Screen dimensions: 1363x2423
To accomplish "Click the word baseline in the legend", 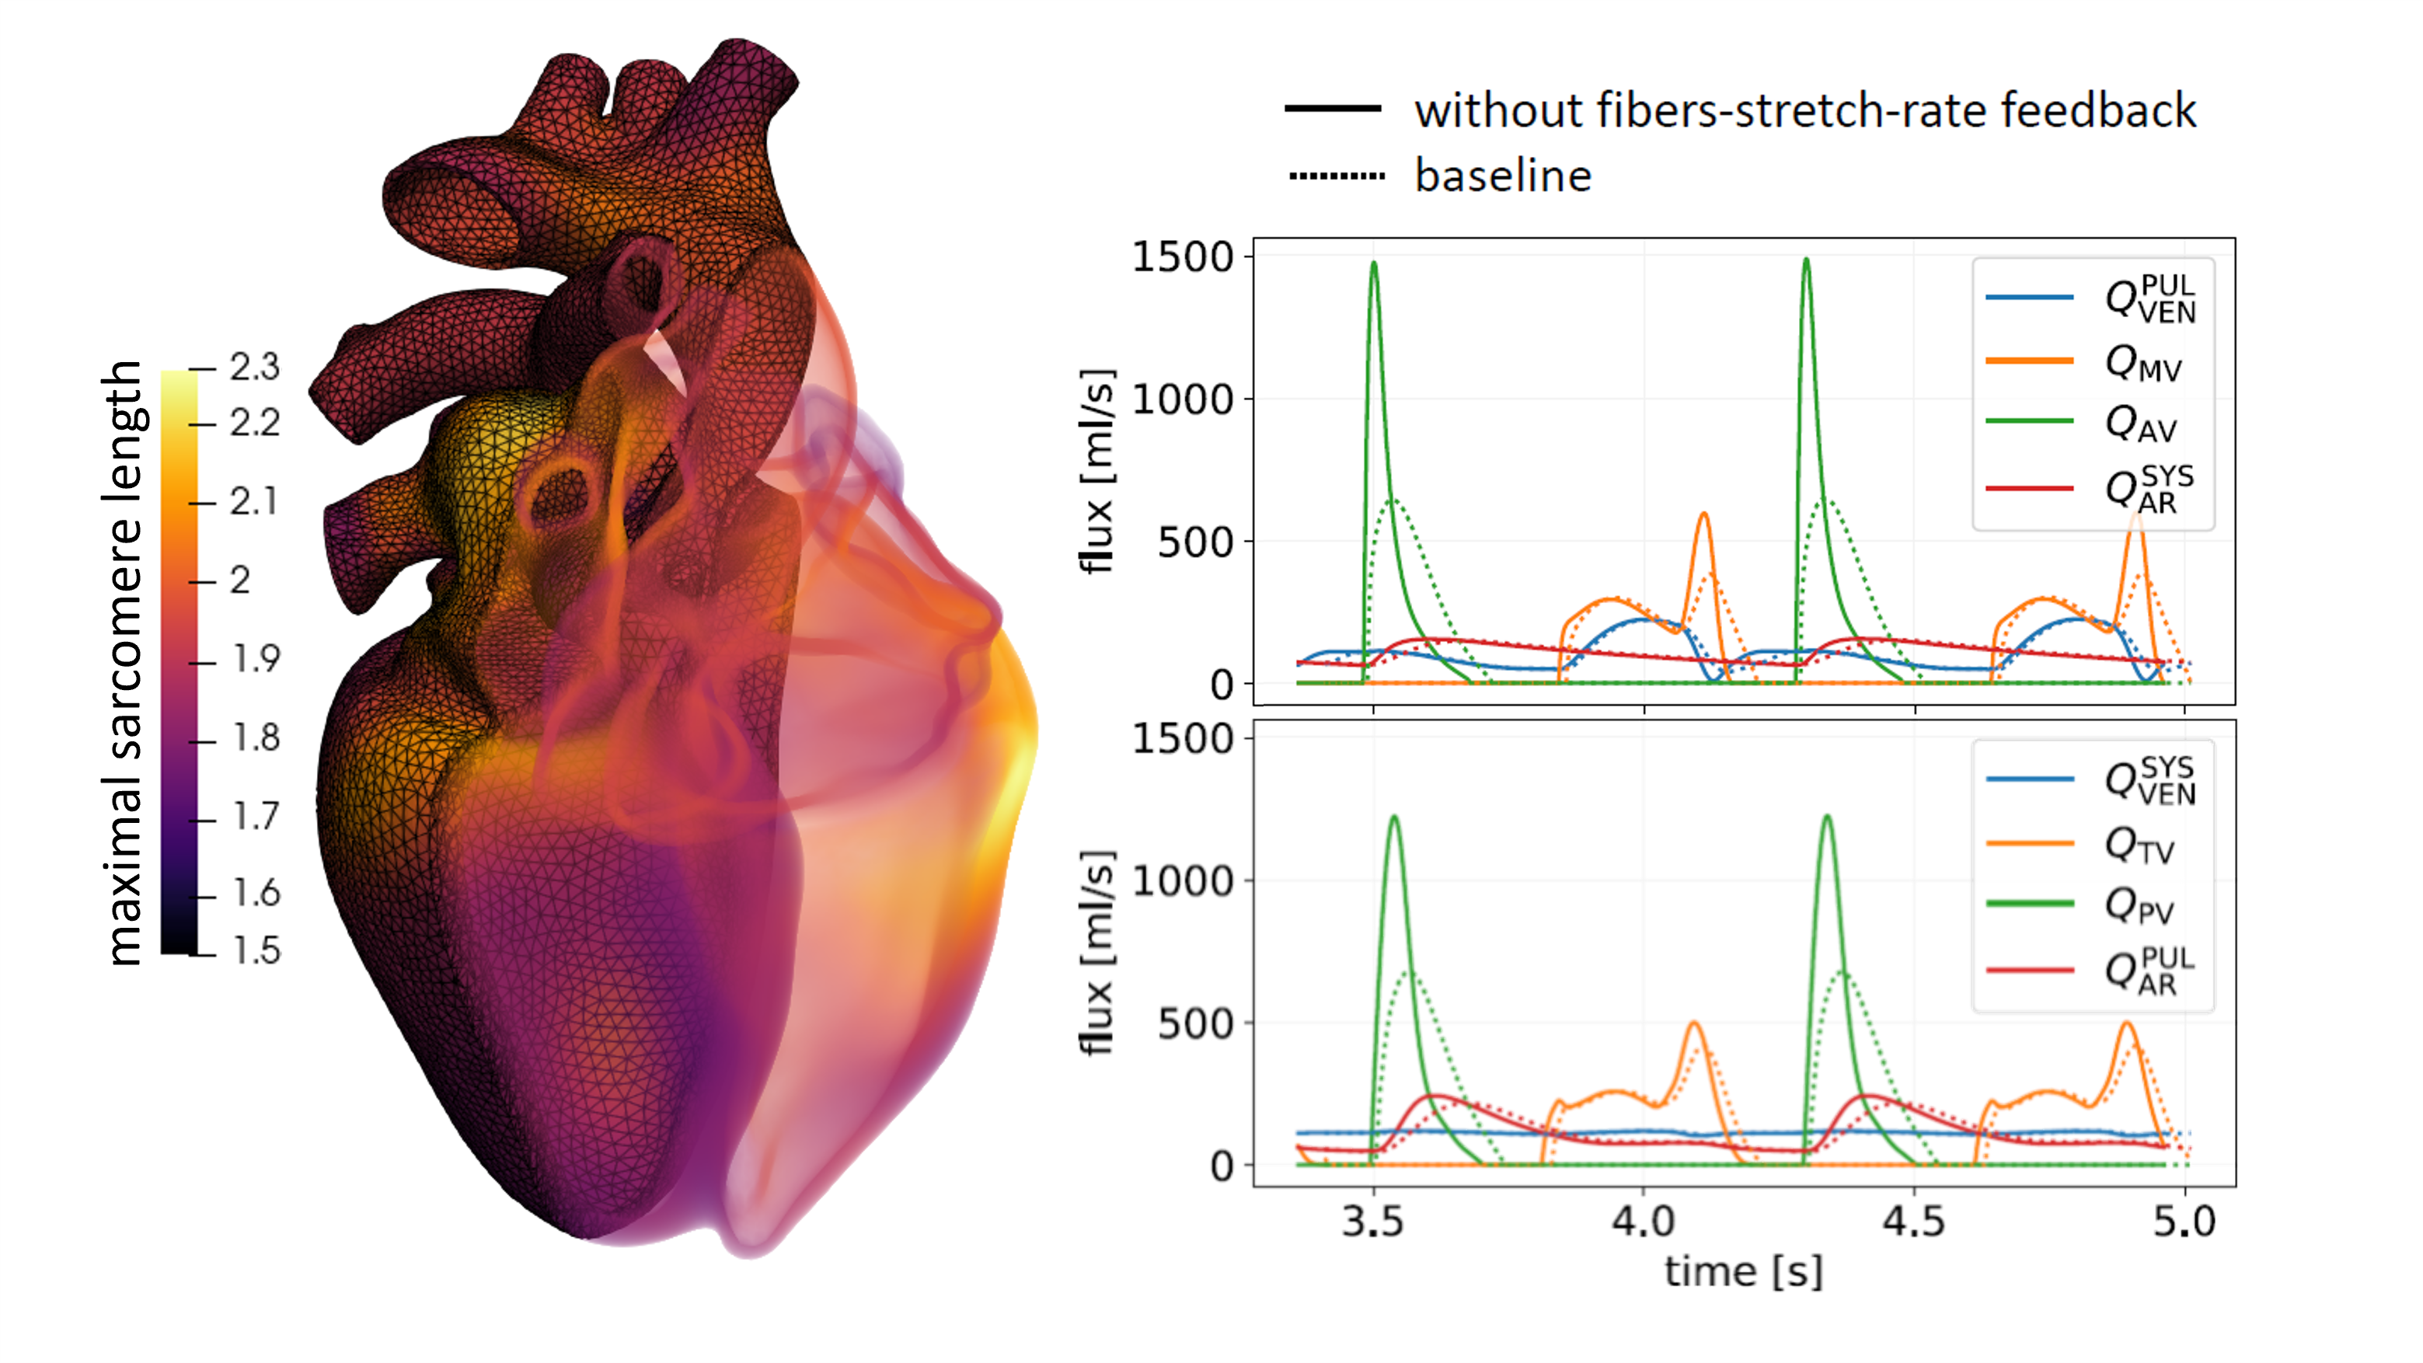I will tap(1502, 176).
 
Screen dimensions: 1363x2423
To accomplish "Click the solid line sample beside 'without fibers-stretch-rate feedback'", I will tap(1333, 109).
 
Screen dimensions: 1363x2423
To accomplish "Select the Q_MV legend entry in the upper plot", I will tap(2141, 362).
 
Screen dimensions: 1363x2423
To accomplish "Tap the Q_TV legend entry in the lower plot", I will tap(2137, 845).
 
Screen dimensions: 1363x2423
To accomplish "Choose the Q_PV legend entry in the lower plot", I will tap(2137, 906).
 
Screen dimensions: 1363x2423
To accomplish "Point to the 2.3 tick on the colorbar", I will tap(254, 367).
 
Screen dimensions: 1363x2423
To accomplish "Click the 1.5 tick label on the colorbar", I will tap(256, 951).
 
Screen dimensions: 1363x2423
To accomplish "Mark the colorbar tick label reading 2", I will tap(240, 580).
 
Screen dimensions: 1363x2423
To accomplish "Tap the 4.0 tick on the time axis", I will tap(1644, 1222).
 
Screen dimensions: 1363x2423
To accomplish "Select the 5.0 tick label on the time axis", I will tap(2184, 1222).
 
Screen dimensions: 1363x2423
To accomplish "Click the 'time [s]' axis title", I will tap(1743, 1272).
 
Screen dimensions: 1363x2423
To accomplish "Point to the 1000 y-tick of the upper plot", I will tap(1182, 399).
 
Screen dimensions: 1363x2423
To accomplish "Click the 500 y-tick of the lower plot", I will tap(1194, 1024).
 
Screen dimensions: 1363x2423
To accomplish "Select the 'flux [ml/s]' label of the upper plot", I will tap(1096, 470).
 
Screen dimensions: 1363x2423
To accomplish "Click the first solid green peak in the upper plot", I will tap(1374, 264).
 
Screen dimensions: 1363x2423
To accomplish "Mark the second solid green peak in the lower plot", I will tap(1827, 817).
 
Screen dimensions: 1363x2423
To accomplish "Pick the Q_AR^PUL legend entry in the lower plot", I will tap(2146, 971).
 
